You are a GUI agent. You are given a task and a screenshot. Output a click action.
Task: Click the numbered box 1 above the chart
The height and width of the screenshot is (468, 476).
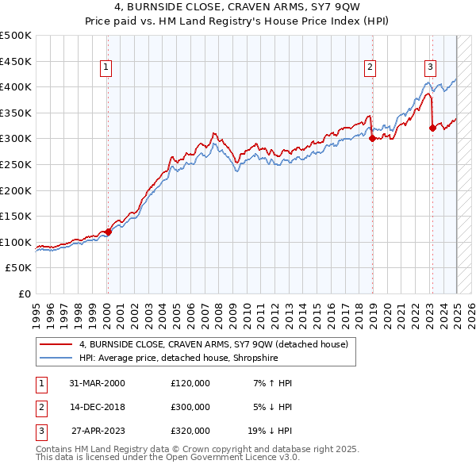tap(106, 68)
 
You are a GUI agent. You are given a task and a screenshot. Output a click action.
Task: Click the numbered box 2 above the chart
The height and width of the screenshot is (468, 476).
tap(370, 68)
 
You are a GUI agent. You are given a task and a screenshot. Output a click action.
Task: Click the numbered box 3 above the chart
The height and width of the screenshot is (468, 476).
tap(430, 68)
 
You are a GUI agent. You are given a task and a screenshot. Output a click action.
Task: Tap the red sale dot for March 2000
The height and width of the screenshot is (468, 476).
tap(109, 232)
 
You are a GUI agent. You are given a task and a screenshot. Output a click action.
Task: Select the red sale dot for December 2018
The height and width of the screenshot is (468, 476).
tap(372, 138)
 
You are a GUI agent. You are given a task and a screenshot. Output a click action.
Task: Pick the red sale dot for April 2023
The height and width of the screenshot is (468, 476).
tap(432, 128)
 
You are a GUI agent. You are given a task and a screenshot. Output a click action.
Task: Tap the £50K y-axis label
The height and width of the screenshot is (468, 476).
tap(19, 268)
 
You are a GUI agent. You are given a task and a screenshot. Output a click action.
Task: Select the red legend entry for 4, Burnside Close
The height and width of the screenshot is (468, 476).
tap(213, 343)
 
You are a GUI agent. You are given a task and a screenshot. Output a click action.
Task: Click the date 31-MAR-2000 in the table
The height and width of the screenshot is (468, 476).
tap(98, 383)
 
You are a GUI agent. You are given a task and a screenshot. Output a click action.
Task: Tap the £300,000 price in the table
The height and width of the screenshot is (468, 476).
tap(190, 407)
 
